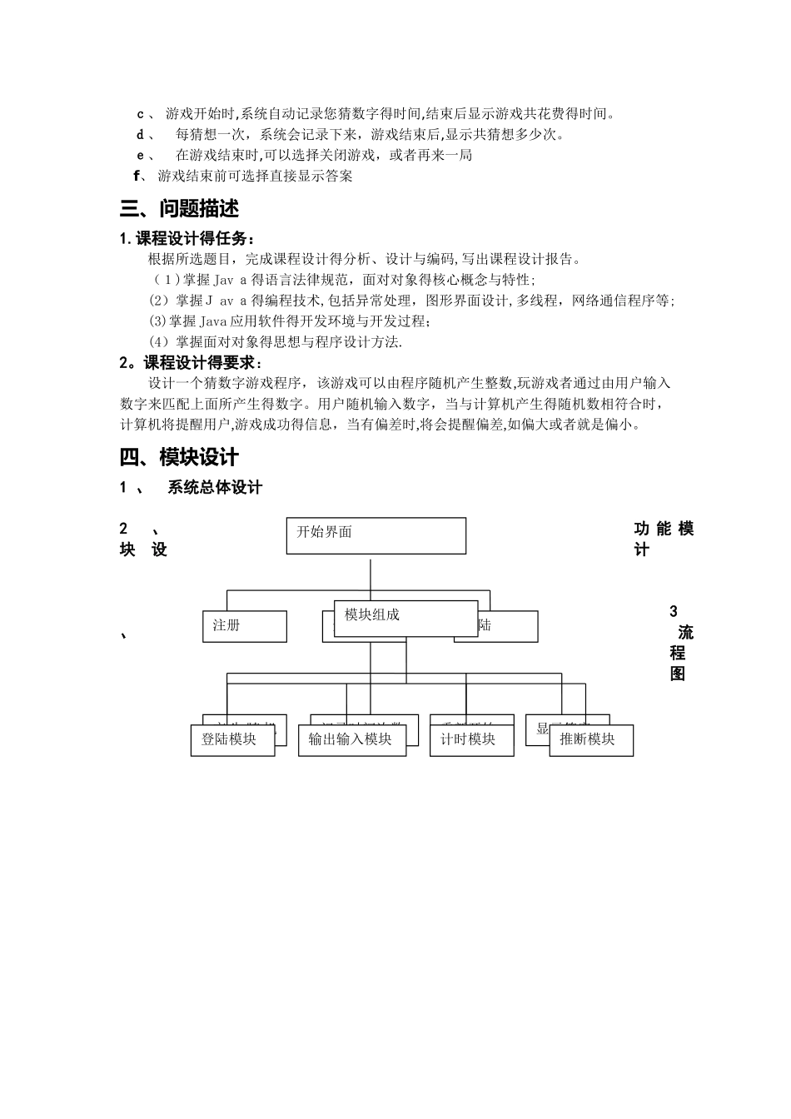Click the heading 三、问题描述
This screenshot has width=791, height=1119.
click(179, 209)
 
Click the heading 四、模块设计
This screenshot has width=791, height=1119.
click(179, 457)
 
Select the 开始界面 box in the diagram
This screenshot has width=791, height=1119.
click(376, 535)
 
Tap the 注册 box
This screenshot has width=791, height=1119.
click(244, 626)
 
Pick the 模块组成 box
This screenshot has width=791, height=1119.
click(405, 618)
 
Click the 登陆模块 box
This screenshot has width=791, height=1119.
click(232, 739)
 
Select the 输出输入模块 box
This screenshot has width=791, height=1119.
click(351, 739)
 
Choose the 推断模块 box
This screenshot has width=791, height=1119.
click(590, 739)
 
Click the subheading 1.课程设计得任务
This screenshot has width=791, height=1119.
click(187, 238)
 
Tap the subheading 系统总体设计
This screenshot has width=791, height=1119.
click(215, 488)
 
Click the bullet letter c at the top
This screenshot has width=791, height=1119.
click(140, 114)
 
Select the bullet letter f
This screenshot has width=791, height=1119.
click(137, 176)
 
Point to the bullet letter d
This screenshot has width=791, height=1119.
click(140, 135)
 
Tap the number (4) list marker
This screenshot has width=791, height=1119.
click(158, 342)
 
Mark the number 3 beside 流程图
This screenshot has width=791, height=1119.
click(674, 612)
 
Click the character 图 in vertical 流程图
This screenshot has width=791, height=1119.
click(678, 674)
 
